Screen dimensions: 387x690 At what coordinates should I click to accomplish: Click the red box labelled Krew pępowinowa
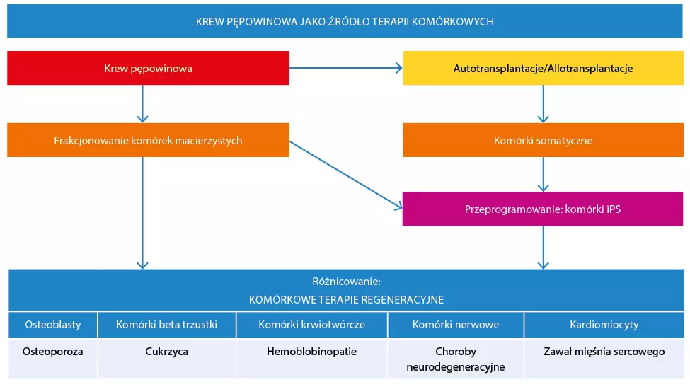point(148,69)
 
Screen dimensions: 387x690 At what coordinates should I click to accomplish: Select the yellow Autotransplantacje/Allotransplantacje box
point(543,69)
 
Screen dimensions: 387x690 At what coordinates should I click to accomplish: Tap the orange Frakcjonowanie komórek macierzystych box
point(148,140)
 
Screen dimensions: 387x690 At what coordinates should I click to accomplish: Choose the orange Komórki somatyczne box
point(543,140)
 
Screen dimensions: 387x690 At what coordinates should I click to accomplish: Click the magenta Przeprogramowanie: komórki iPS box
point(543,209)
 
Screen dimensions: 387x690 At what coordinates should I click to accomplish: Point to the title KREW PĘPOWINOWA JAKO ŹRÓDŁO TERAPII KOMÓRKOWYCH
point(345,22)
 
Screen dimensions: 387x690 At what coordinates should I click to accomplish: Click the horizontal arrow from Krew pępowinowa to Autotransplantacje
point(345,69)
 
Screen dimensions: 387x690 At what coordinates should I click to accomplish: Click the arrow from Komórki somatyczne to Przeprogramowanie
point(543,174)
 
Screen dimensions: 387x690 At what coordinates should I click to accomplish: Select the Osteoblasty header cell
point(53,325)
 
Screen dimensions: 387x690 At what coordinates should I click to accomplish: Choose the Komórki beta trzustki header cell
point(166,325)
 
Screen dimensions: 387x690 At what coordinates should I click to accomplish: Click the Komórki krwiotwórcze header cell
point(311,325)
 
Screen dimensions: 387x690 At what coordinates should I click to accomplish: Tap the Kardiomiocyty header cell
point(604,325)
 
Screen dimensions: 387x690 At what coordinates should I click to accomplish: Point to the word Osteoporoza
point(53,351)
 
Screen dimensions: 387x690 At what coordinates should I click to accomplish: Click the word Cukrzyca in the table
point(166,351)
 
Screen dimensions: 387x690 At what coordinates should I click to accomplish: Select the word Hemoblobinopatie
point(311,351)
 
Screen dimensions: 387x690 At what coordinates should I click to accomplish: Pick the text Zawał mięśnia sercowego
point(604,351)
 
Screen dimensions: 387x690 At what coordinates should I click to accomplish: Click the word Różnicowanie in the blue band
point(346,281)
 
